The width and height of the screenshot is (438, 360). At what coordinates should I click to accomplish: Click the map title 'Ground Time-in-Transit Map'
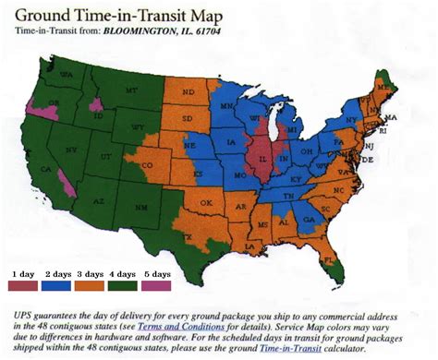(x=118, y=15)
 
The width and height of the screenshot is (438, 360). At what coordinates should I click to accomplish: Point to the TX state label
(x=190, y=236)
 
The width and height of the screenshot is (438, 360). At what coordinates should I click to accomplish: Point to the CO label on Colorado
(x=151, y=166)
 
